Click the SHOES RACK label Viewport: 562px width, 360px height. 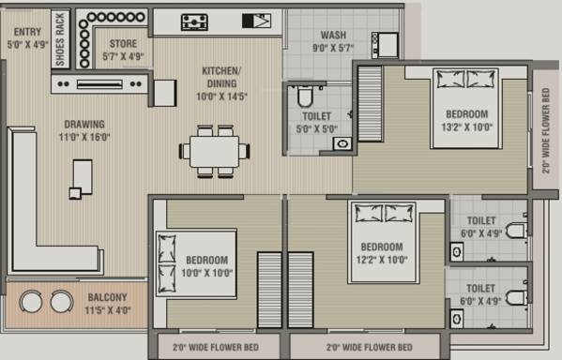(x=60, y=39)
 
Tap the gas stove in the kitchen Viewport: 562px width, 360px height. (x=194, y=22)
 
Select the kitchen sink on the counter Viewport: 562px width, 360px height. (x=256, y=21)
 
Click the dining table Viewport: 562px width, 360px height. (x=214, y=152)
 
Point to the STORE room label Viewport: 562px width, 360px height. (x=123, y=44)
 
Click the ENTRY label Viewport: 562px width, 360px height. (x=27, y=32)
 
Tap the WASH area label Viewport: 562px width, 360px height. (x=333, y=35)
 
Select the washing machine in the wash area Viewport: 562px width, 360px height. (x=385, y=45)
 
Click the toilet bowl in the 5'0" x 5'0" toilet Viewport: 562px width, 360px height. (x=305, y=96)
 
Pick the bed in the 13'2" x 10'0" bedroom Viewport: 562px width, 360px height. (x=465, y=108)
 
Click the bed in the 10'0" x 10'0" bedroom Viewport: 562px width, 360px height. (x=196, y=264)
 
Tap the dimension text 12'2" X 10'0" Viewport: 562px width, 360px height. (x=382, y=260)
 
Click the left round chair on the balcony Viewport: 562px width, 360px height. (x=31, y=301)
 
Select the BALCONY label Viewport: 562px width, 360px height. (x=108, y=297)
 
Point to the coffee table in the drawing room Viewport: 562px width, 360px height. (x=82, y=178)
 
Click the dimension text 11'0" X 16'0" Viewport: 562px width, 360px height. (x=84, y=137)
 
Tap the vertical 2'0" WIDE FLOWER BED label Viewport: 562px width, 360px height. (x=546, y=130)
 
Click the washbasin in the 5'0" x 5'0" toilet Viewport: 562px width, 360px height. (x=342, y=144)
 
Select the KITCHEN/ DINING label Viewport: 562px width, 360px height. (x=221, y=77)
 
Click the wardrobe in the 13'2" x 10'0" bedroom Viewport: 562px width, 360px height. (x=370, y=104)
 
